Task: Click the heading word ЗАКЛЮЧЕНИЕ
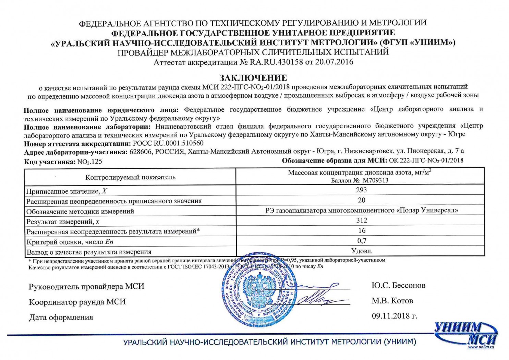[x=253, y=78]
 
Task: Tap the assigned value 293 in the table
[x=361, y=190]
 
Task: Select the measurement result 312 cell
[x=361, y=220]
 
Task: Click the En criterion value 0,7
[x=362, y=241]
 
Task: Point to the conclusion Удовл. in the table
[x=362, y=251]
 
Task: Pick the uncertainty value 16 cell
[x=362, y=230]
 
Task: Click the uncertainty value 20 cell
[x=361, y=200]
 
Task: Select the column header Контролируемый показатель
[x=130, y=177]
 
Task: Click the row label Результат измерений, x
[x=63, y=221]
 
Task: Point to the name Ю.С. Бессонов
[x=398, y=285]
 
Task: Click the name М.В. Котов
[x=392, y=301]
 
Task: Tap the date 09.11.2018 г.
[x=395, y=316]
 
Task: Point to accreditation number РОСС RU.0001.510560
[x=168, y=143]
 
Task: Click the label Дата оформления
[x=61, y=317]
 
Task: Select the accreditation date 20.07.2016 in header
[x=334, y=62]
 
